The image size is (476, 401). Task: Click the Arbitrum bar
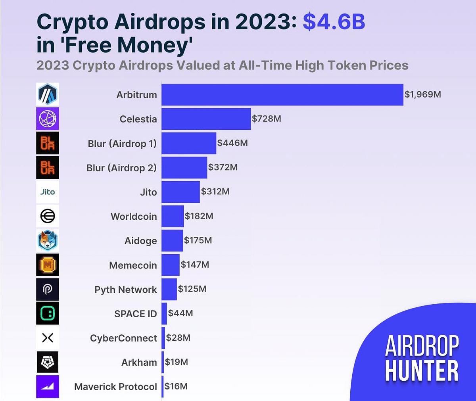tap(282, 94)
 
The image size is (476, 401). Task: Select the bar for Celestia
tap(206, 119)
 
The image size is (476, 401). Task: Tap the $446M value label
tap(232, 143)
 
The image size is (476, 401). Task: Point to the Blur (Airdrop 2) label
tap(121, 168)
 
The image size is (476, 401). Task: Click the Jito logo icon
tap(48, 192)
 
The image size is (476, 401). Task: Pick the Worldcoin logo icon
tap(48, 216)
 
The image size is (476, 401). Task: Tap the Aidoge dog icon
tap(48, 241)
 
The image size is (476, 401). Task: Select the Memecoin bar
tap(171, 265)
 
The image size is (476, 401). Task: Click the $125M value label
tap(192, 289)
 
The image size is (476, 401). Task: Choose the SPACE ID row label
tap(136, 314)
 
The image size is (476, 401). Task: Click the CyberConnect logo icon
tap(48, 338)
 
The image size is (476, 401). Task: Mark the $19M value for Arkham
tap(177, 362)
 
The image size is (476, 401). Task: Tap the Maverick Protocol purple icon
tap(48, 386)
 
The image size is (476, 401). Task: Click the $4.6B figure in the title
tap(334, 22)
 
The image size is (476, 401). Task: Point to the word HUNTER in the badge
tap(422, 371)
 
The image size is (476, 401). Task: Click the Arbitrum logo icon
tap(48, 94)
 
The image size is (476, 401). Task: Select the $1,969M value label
tap(422, 94)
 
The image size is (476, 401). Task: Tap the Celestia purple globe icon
tap(48, 119)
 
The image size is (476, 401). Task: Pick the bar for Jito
tap(180, 192)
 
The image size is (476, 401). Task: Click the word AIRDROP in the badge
tap(422, 346)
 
